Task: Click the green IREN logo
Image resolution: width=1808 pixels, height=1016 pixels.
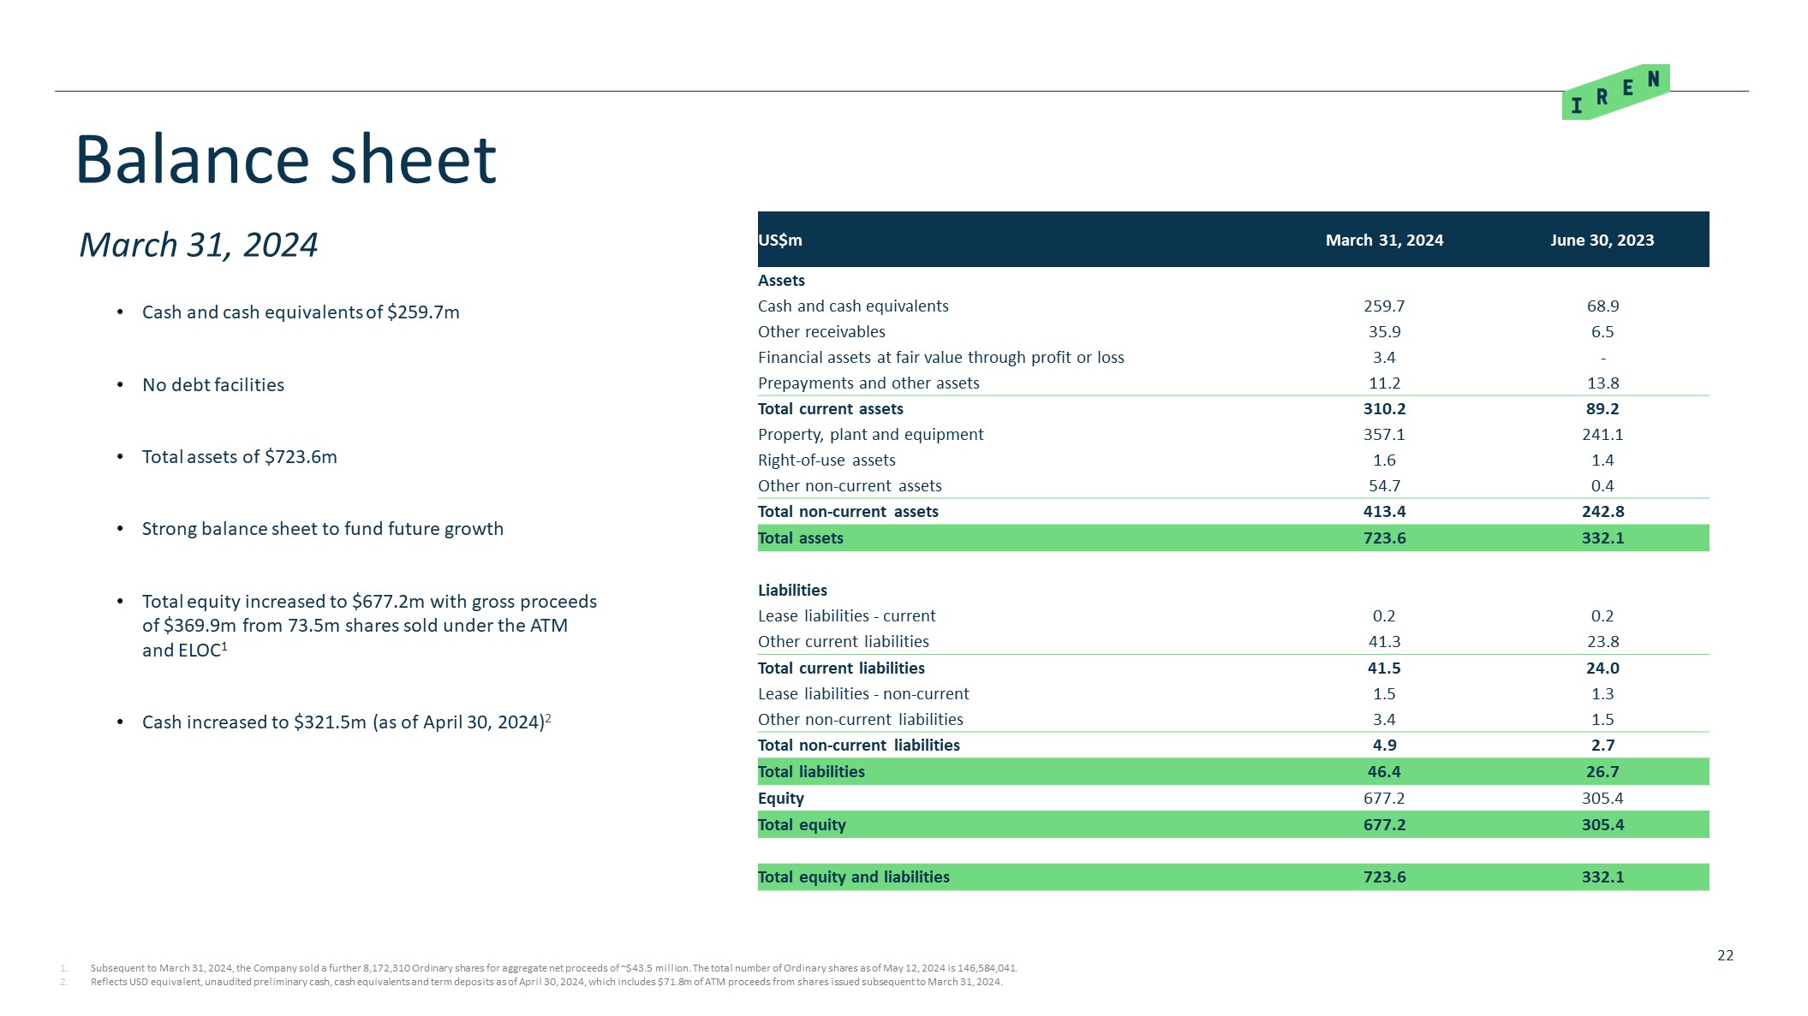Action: pyautogui.click(x=1614, y=92)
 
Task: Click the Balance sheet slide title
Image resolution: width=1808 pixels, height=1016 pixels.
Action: pyautogui.click(x=286, y=160)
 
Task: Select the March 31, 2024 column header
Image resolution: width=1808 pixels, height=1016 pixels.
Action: pyautogui.click(x=1384, y=241)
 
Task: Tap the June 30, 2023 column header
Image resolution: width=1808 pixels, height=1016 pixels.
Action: pyautogui.click(x=1602, y=241)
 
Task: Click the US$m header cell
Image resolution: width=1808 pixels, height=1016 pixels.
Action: pyautogui.click(x=780, y=241)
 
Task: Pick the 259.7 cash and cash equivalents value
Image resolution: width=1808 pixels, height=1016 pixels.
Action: pyautogui.click(x=1384, y=306)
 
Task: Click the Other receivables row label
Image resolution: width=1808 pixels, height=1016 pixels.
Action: pyautogui.click(x=821, y=332)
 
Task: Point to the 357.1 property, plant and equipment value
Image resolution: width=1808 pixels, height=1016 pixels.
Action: pyautogui.click(x=1384, y=435)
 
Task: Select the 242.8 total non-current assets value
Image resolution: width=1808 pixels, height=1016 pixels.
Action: pyautogui.click(x=1602, y=512)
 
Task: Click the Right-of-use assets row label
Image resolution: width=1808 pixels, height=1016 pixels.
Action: pyautogui.click(x=826, y=460)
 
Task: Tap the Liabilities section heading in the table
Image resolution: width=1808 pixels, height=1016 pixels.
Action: pyautogui.click(x=792, y=591)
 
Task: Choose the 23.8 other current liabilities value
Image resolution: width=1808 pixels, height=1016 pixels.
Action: pyautogui.click(x=1602, y=642)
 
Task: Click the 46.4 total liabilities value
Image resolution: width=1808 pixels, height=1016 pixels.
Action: pyautogui.click(x=1384, y=772)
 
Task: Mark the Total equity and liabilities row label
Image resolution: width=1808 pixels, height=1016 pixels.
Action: pyautogui.click(x=853, y=877)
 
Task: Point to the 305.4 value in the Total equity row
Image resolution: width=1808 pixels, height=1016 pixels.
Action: pyautogui.click(x=1602, y=825)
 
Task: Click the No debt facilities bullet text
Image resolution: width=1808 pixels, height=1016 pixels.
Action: pyautogui.click(x=213, y=385)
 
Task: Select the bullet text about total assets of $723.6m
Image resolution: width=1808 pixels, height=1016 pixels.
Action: pyautogui.click(x=240, y=457)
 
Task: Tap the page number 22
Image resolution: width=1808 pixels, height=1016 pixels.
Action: pyautogui.click(x=1725, y=955)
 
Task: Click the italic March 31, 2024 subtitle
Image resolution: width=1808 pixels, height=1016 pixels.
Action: pyautogui.click(x=199, y=246)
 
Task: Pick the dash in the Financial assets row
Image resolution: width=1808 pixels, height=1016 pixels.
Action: pyautogui.click(x=1602, y=358)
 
